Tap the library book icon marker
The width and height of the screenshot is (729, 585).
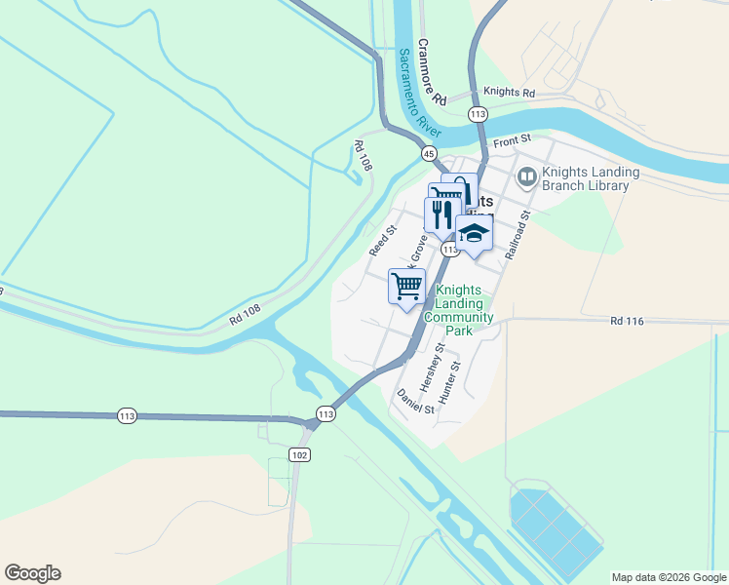(x=527, y=176)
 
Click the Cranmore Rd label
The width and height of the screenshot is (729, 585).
(x=432, y=72)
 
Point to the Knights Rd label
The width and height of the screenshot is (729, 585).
(x=510, y=93)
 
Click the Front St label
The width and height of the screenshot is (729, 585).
(x=510, y=141)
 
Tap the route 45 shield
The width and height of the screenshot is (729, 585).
(x=429, y=153)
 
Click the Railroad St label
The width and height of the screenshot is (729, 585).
(x=517, y=234)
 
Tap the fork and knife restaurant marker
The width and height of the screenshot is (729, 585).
(x=441, y=214)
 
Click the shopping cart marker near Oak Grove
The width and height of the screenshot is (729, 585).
(x=406, y=286)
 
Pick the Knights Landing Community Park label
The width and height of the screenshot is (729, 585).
(x=465, y=310)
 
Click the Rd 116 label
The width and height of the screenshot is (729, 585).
(x=629, y=320)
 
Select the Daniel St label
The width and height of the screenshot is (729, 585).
(x=415, y=401)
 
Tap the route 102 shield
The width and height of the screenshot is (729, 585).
(x=300, y=454)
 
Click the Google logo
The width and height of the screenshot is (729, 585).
(x=32, y=573)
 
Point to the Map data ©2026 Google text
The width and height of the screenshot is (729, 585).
(x=668, y=577)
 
